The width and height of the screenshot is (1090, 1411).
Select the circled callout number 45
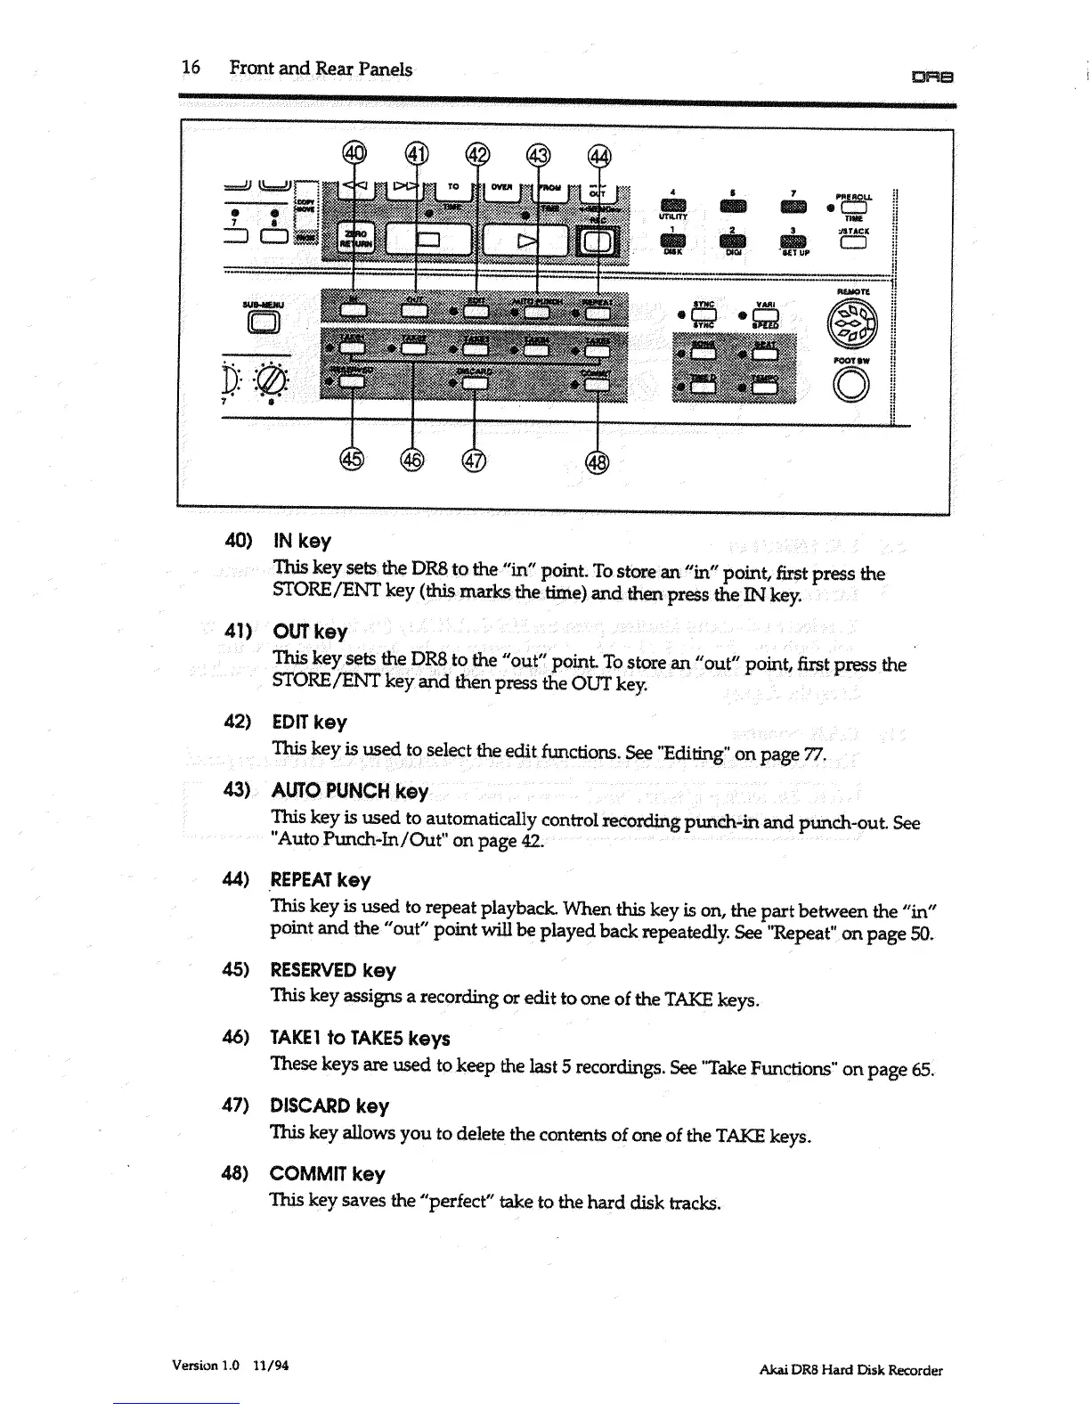(x=352, y=459)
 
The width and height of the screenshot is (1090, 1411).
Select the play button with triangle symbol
(x=524, y=240)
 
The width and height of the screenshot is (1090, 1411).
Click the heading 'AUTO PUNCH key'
(x=349, y=791)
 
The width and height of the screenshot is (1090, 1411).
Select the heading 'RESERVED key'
(x=332, y=970)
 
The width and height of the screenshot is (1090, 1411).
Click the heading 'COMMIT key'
(x=327, y=1174)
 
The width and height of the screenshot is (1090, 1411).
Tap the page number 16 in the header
(x=191, y=68)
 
